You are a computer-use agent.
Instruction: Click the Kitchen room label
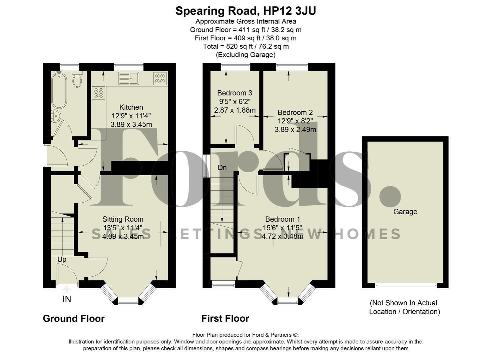(131, 107)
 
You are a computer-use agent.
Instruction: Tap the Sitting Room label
(123, 219)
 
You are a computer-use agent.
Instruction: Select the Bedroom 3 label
(234, 93)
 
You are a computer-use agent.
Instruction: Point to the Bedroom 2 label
(295, 113)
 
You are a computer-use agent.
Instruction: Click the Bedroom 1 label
(282, 219)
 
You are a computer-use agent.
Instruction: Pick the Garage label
(405, 212)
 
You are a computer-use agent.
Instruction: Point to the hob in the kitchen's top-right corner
(160, 78)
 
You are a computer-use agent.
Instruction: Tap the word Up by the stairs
(62, 259)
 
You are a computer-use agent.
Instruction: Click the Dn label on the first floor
(222, 168)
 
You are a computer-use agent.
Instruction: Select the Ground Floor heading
(74, 319)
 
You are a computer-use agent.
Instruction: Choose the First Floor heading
(225, 319)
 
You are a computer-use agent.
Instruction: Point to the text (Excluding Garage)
(246, 55)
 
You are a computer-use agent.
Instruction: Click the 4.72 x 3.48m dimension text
(282, 236)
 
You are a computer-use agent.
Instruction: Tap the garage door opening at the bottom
(406, 285)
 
